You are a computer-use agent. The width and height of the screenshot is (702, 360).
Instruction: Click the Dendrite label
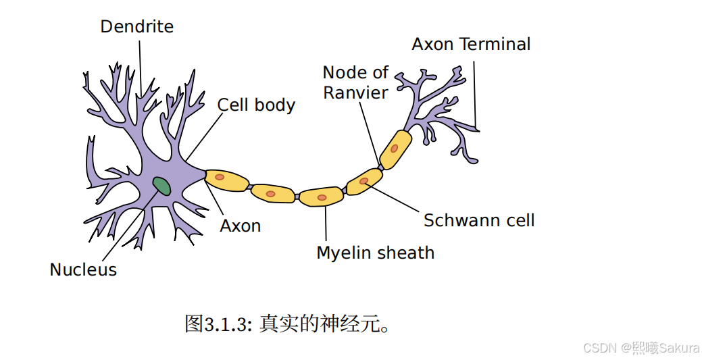(136, 27)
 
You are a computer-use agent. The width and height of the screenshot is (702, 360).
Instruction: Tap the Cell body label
(256, 105)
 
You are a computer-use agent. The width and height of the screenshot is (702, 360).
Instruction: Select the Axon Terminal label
(471, 45)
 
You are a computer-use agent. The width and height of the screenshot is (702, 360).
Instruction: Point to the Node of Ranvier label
(355, 82)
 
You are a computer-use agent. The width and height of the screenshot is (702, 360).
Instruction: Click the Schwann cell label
(479, 220)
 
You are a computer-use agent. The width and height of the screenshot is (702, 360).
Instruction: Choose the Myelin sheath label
(375, 253)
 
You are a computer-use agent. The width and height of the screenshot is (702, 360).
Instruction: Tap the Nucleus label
(83, 270)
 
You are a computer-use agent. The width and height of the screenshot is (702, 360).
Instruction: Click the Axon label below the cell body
(241, 226)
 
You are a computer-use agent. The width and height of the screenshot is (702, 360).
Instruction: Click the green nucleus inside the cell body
(161, 185)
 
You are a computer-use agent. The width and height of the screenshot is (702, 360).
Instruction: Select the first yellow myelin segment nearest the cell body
(226, 180)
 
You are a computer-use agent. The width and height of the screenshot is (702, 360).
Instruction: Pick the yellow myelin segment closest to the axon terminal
(395, 149)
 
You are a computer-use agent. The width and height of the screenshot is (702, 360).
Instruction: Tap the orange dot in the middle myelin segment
(322, 198)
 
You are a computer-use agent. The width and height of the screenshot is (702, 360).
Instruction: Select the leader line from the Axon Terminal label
(475, 95)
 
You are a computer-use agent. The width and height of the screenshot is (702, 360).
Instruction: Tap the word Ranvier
(355, 93)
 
